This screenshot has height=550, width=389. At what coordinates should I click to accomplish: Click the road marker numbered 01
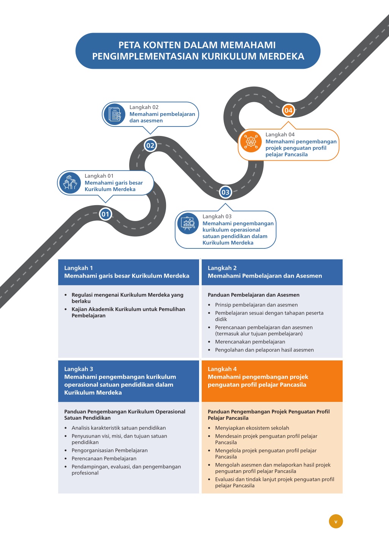tap(105, 214)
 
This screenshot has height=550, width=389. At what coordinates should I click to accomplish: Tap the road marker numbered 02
tap(150, 145)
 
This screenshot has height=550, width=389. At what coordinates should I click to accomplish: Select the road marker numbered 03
tap(225, 192)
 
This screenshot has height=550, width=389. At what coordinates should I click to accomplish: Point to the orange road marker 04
tap(288, 110)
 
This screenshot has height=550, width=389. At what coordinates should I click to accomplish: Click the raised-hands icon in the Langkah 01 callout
tap(70, 183)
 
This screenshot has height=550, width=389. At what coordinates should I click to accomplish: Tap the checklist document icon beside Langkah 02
tap(115, 114)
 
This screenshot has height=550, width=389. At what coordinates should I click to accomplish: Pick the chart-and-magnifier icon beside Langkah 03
tap(188, 223)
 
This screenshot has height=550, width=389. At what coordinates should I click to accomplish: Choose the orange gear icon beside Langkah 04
tap(251, 141)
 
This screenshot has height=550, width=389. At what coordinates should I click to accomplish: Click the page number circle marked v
tap(336, 521)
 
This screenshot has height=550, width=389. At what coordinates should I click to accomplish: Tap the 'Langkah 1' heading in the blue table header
tap(79, 268)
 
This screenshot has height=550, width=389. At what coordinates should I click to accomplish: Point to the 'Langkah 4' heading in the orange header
tap(222, 369)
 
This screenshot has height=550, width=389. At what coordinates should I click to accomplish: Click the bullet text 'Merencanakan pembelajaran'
tap(250, 342)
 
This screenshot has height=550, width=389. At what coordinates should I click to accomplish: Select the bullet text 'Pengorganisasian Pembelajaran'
tap(109, 450)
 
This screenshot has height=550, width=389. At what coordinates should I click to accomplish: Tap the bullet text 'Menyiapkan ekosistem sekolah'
tap(252, 428)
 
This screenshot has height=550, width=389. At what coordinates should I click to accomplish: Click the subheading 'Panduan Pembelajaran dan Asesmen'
tap(253, 295)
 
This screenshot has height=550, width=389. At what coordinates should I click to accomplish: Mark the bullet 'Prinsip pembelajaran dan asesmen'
tap(256, 305)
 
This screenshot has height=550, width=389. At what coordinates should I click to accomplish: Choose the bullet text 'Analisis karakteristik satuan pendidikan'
tap(119, 428)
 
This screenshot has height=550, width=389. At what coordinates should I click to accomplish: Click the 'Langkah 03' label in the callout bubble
tap(217, 217)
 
